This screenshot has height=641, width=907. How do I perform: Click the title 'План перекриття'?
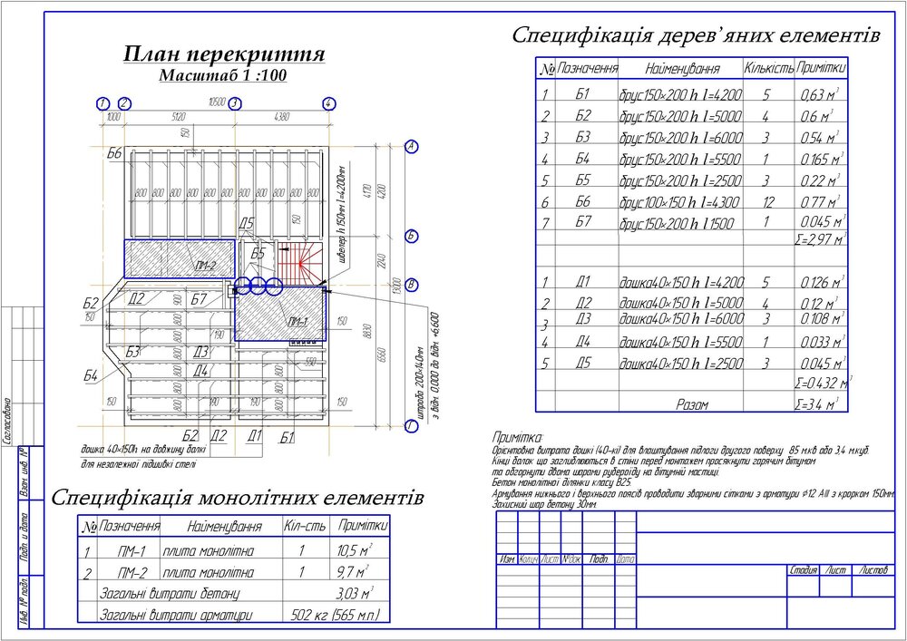[x=223, y=55]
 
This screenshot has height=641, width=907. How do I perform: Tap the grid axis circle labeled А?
[x=411, y=146]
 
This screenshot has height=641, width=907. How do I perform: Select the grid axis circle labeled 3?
[x=234, y=103]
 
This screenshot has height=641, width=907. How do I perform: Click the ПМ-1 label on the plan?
[x=296, y=322]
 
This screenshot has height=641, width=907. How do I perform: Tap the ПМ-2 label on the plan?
[x=204, y=266]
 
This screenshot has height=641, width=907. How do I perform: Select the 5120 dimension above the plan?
[x=177, y=116]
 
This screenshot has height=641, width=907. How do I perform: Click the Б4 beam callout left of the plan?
[x=91, y=375]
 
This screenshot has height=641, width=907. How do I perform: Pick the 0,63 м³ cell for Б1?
[x=819, y=95]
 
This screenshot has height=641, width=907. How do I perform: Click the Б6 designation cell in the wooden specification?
[x=583, y=201]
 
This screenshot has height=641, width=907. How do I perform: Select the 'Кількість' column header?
[x=768, y=68]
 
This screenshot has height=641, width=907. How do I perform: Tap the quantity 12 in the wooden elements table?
[x=766, y=201]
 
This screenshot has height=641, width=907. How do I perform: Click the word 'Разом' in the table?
[x=693, y=404]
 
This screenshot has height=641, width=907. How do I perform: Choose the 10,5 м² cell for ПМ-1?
[x=354, y=550]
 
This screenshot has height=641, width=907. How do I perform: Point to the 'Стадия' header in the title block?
[x=804, y=570]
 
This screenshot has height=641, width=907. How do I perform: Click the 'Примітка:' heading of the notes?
[x=516, y=438]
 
